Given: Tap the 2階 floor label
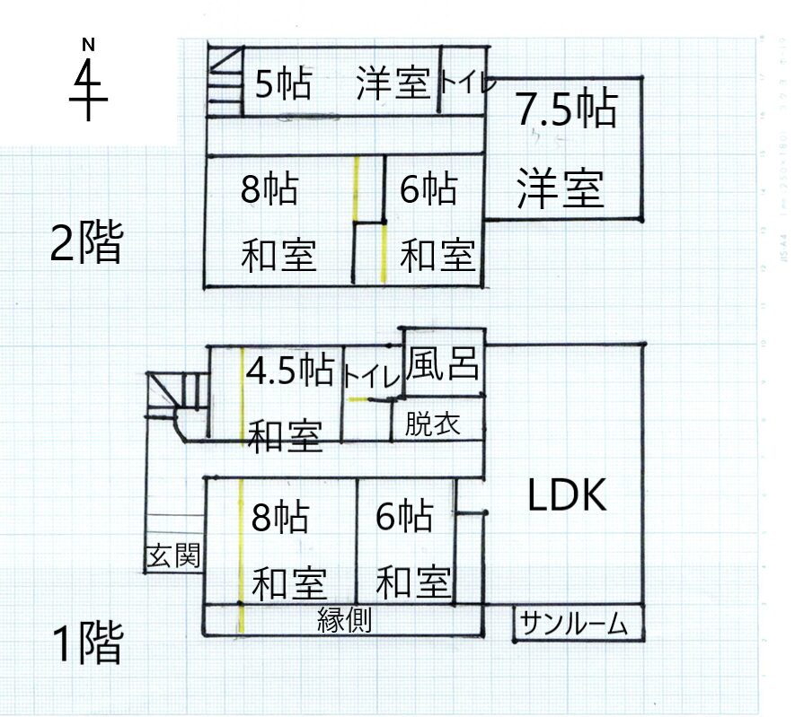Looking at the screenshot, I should tap(85, 243).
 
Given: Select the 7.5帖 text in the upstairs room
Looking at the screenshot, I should tap(566, 110).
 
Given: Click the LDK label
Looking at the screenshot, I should tap(567, 494).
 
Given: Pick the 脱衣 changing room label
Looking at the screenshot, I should tap(432, 424).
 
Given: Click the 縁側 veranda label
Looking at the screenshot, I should tap(344, 619).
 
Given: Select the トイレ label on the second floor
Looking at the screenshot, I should tap(466, 84).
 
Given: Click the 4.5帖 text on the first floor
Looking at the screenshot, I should tap(290, 369).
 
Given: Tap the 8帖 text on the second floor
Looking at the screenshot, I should tap(270, 190).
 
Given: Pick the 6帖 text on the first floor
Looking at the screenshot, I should tap(404, 517).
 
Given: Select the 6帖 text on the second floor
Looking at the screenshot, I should tap(428, 190).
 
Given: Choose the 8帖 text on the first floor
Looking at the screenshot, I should tap(280, 518).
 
